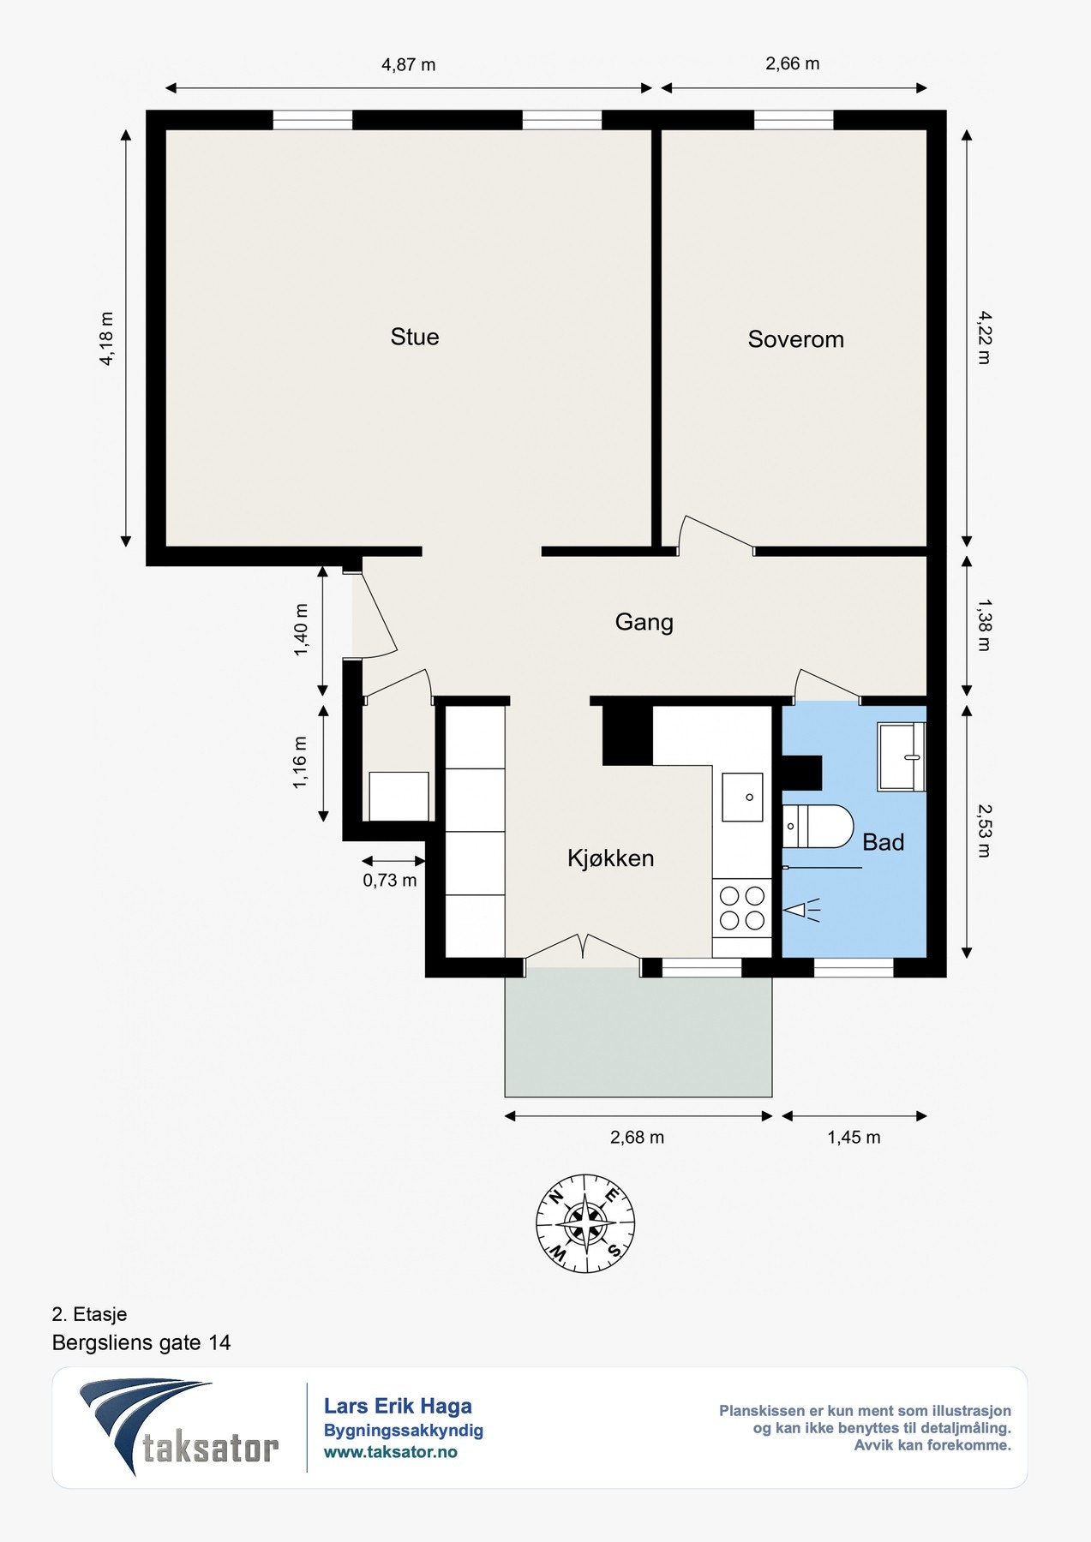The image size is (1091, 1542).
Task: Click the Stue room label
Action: tap(415, 337)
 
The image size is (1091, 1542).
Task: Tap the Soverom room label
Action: tap(795, 339)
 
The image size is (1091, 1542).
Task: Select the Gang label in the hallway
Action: tap(644, 622)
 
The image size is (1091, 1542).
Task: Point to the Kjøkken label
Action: tap(610, 858)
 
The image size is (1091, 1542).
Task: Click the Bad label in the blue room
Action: tap(884, 842)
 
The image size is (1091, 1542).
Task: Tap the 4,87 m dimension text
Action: tap(409, 64)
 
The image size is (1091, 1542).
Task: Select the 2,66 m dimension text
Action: tap(793, 63)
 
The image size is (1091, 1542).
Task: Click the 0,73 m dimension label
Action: tap(390, 880)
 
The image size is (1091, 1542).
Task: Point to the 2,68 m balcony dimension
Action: tap(637, 1137)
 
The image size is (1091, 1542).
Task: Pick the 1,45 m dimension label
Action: tap(854, 1137)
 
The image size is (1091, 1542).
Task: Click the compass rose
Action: tap(585, 1222)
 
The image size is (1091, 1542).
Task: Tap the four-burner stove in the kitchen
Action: tap(742, 908)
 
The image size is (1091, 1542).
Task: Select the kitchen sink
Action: tap(742, 797)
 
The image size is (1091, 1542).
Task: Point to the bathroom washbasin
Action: tap(902, 756)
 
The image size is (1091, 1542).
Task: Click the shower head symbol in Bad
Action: tap(802, 910)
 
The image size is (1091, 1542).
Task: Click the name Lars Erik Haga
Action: tap(398, 1406)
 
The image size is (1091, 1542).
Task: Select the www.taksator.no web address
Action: tap(390, 1452)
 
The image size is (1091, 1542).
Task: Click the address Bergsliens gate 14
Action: tap(141, 1342)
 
